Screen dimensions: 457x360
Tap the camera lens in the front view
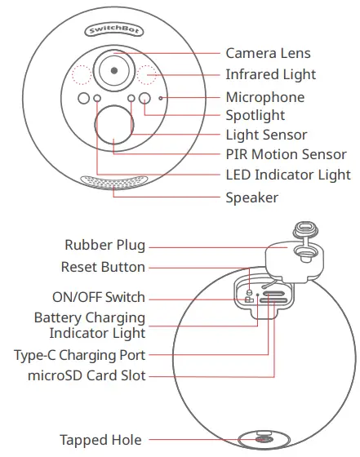[113, 71]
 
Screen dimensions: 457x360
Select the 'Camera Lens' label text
[268, 54]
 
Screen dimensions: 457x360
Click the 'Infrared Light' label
[270, 75]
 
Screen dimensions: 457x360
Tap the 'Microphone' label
[264, 97]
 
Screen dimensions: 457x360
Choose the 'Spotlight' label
[255, 117]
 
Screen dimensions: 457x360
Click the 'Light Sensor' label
[266, 135]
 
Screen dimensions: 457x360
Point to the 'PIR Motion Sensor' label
[286, 154]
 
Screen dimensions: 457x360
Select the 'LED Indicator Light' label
[288, 175]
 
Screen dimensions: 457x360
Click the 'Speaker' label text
[251, 197]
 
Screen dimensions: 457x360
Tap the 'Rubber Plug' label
[104, 245]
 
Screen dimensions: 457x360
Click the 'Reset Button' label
[103, 267]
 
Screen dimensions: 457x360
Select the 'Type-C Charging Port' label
[79, 355]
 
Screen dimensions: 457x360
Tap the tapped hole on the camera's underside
[264, 440]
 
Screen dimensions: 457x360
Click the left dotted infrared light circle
[81, 74]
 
